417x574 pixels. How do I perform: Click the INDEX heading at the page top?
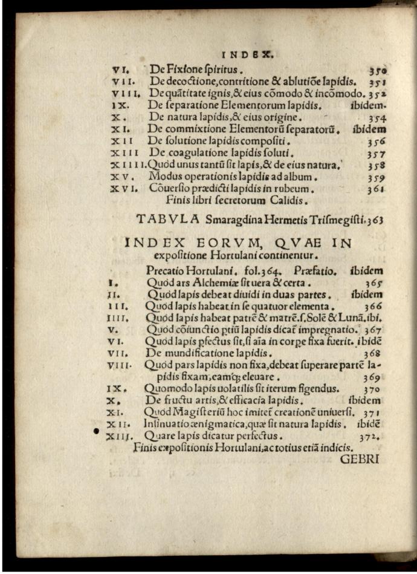click(x=249, y=54)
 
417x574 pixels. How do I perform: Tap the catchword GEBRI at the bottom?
click(x=360, y=459)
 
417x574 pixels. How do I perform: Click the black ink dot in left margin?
click(x=96, y=431)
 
